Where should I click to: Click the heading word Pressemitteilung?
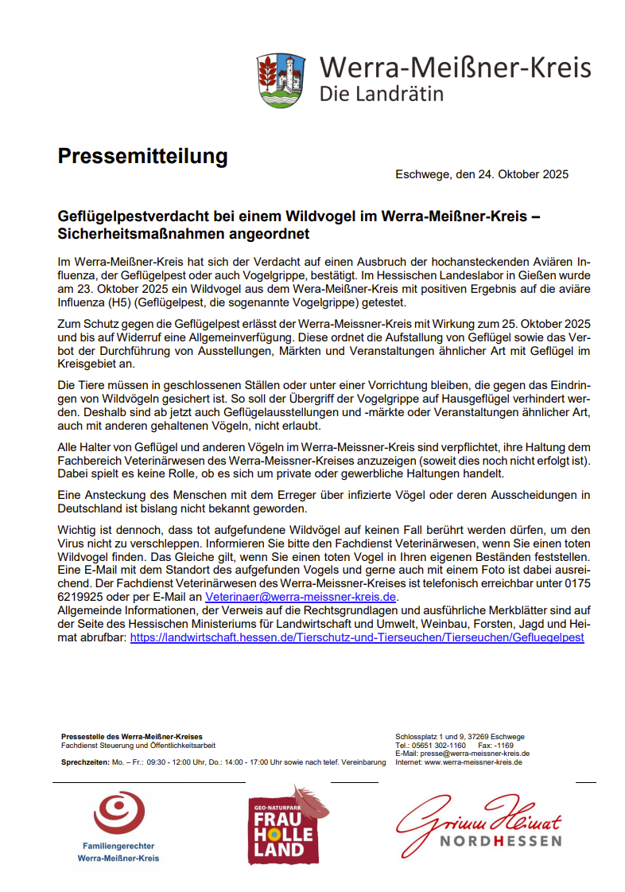[x=142, y=157]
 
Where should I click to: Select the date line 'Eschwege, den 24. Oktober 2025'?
[x=482, y=174]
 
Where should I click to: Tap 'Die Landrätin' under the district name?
[x=382, y=94]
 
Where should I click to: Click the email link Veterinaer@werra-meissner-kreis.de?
[x=301, y=597]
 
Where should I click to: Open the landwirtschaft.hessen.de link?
[x=357, y=637]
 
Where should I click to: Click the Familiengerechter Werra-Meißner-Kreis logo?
[x=118, y=828]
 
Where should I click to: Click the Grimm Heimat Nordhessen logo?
[x=479, y=823]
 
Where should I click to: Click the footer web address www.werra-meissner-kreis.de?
[x=473, y=762]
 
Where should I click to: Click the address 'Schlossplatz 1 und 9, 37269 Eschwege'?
[x=460, y=737]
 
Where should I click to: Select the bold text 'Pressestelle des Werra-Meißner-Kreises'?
[x=132, y=737]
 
